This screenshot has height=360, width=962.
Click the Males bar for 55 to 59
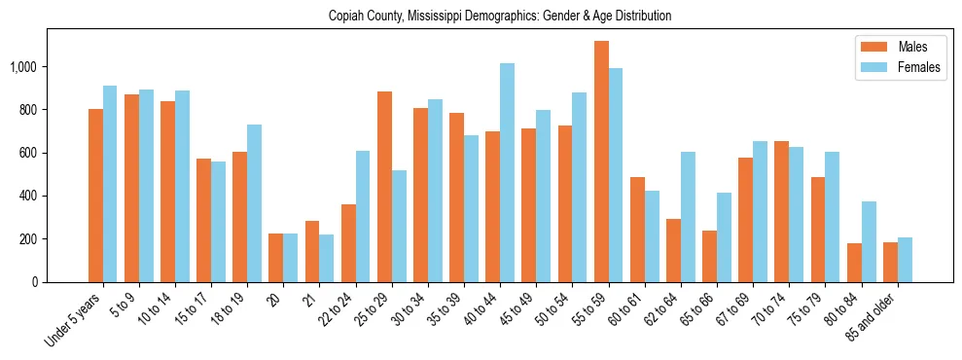601,162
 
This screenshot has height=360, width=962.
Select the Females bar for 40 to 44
508,173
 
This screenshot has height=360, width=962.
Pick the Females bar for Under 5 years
110,184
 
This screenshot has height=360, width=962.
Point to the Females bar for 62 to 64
688,217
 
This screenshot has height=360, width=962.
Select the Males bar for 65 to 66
709,256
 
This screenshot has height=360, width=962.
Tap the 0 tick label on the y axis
35,282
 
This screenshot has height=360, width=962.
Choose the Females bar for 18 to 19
255,203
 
